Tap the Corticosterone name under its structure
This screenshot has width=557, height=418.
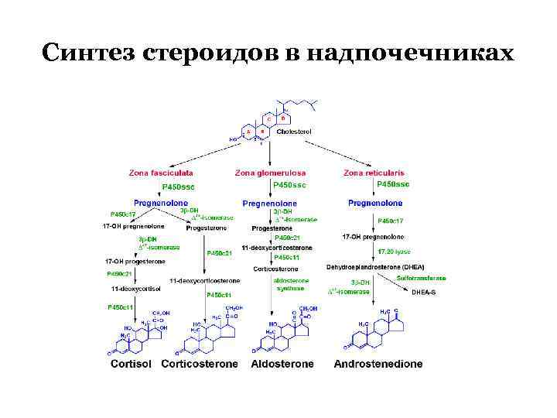point(200,363)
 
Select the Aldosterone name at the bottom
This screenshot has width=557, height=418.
point(283,363)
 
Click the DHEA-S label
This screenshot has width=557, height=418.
point(423,293)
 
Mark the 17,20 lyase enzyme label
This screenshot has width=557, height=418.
point(394,252)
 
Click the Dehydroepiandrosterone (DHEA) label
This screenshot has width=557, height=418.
point(375,266)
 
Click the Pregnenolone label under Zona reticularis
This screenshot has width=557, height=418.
point(375,203)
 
